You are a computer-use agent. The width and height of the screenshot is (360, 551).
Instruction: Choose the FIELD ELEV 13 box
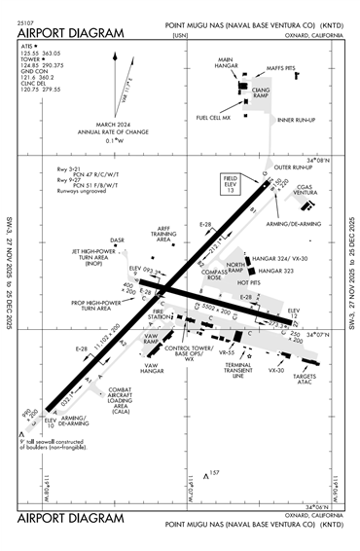point(231,184)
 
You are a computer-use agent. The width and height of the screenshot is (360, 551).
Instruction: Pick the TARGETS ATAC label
point(306,379)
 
